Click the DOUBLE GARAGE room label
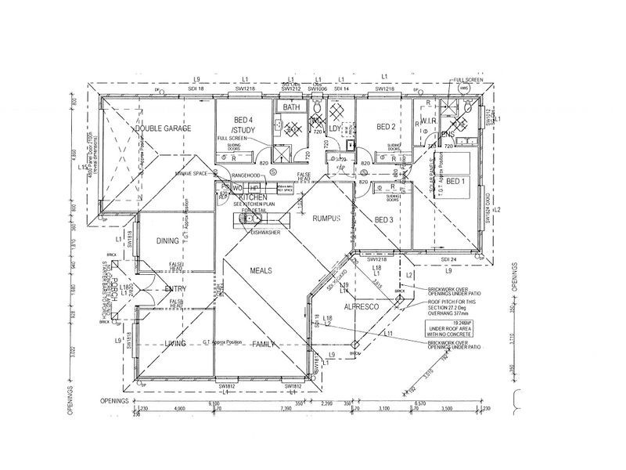tap(163, 128)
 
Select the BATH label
tap(292, 107)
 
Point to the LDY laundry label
tap(336, 128)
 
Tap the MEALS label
tap(261, 269)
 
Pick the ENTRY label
tap(174, 289)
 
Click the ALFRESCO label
tap(362, 309)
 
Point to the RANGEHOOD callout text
tap(245, 175)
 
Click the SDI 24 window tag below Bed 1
tap(448, 259)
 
